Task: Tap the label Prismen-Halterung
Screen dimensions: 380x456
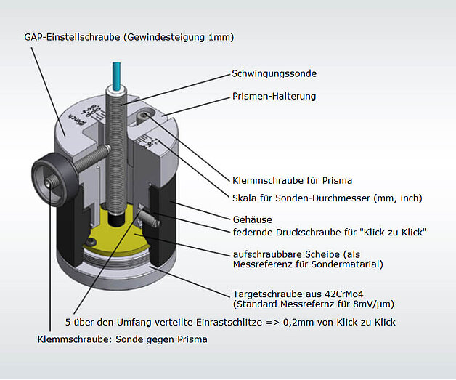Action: (x=274, y=96)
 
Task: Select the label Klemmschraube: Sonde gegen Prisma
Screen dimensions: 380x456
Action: (x=122, y=339)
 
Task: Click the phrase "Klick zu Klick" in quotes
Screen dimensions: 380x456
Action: (x=391, y=232)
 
